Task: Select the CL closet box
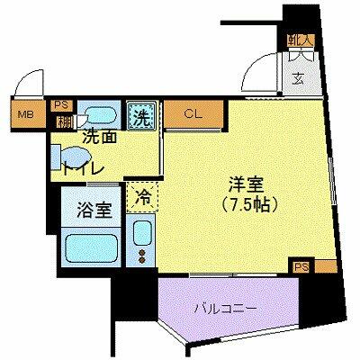click(x=193, y=114)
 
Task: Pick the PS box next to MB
click(x=62, y=103)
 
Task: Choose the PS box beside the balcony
click(x=301, y=265)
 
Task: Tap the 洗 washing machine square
click(x=142, y=114)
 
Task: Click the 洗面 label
click(x=99, y=138)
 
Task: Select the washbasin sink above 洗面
click(x=100, y=116)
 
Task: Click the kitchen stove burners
click(x=142, y=257)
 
